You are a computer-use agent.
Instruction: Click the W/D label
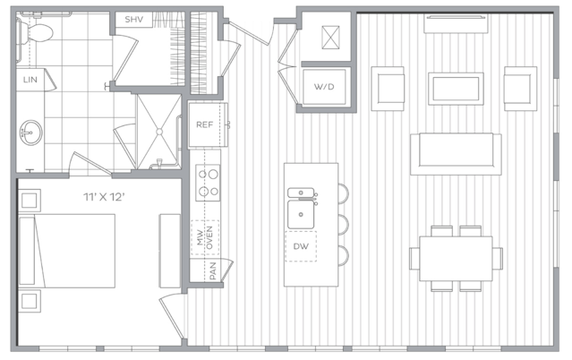[324, 87]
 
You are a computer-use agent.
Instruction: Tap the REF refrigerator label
[204, 124]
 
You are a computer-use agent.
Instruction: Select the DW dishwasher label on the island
[301, 246]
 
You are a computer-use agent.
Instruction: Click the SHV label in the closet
[134, 20]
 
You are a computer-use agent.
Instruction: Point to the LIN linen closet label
[30, 80]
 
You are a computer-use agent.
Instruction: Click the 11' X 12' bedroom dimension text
[105, 197]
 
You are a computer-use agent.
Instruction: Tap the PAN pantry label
[213, 271]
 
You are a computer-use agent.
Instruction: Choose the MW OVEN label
[205, 237]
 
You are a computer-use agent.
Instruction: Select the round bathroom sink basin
[31, 133]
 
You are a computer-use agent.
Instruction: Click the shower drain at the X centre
[159, 132]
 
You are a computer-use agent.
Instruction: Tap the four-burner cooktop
[208, 183]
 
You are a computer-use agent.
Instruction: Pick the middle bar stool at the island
[343, 224]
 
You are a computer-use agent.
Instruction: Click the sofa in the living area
[456, 154]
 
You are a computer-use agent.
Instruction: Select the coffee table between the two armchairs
[456, 89]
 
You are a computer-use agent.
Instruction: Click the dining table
[456, 259]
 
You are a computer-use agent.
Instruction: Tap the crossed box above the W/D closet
[330, 38]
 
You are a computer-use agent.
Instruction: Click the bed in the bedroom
[67, 252]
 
